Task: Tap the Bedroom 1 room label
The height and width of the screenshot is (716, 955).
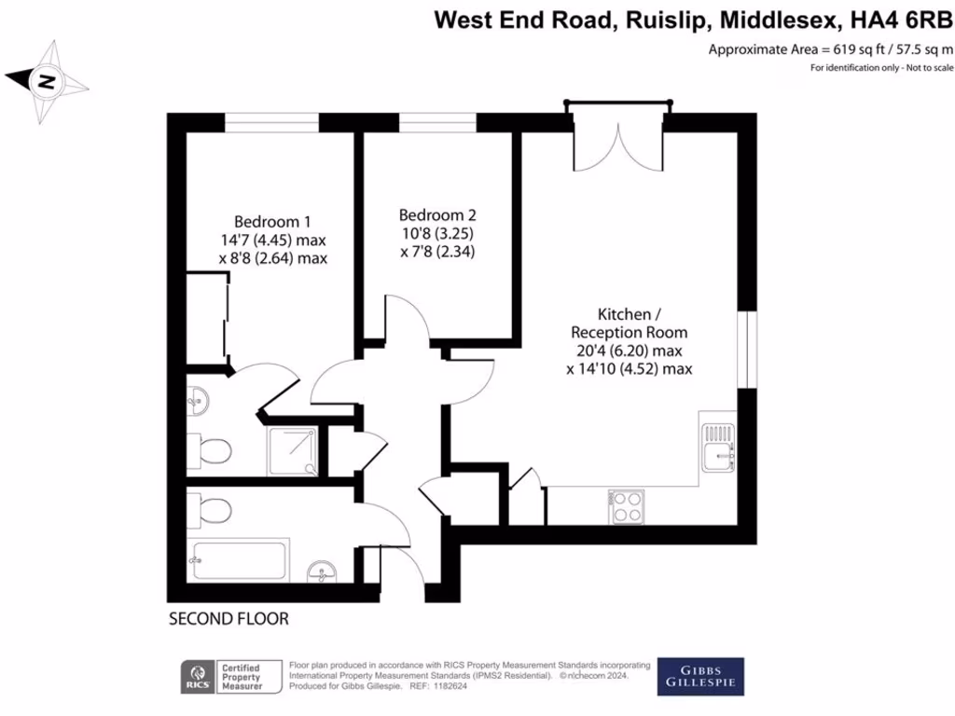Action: pyautogui.click(x=272, y=222)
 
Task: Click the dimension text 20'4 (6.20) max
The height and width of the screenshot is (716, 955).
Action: pyautogui.click(x=629, y=351)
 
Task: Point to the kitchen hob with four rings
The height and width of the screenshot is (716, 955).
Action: pyautogui.click(x=626, y=507)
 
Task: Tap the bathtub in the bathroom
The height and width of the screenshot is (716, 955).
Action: pyautogui.click(x=239, y=560)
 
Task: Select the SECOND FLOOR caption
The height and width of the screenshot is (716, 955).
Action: pyautogui.click(x=228, y=618)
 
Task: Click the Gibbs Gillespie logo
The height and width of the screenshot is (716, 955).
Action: pyautogui.click(x=700, y=677)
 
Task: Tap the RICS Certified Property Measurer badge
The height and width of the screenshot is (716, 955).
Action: pyautogui.click(x=232, y=677)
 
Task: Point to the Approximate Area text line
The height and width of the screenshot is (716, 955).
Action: pyautogui.click(x=831, y=50)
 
